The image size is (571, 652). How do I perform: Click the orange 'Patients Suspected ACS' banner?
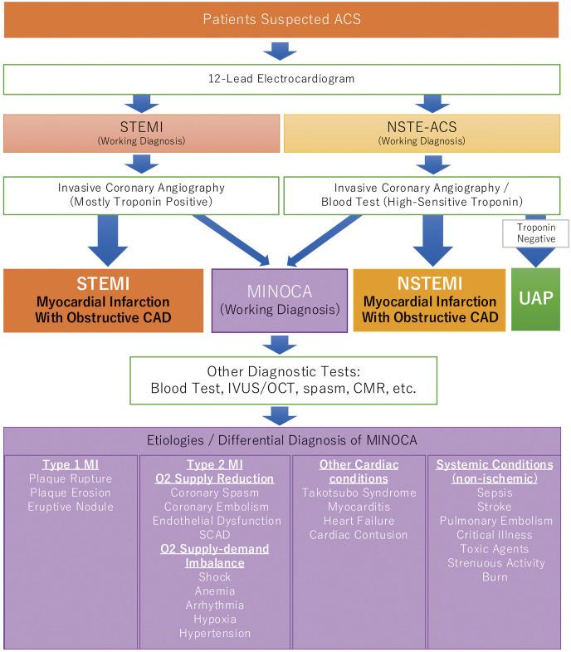coord(282,19)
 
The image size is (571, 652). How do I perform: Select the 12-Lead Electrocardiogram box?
coord(282,78)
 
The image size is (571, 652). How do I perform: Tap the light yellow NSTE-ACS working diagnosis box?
coord(422,134)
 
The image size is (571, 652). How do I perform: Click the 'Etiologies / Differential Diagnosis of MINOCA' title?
coord(282,439)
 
